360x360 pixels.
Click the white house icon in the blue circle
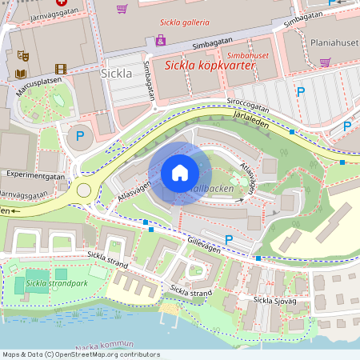point(180,173)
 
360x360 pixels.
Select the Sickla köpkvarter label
point(210,66)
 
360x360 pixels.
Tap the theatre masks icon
point(23,56)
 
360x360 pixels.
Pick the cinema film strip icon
point(61,70)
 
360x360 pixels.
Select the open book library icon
point(21,74)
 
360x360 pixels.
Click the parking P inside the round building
point(79,137)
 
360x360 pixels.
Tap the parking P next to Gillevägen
point(229,239)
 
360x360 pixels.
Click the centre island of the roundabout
point(84,190)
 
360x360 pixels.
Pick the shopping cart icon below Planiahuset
point(325,62)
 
